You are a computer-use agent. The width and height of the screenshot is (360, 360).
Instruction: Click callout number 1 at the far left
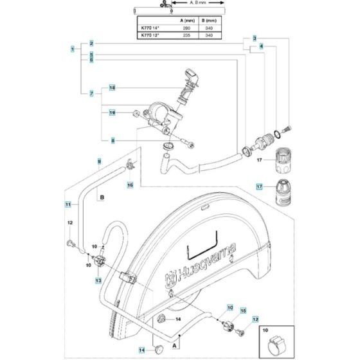pyautogui.click(x=73, y=49)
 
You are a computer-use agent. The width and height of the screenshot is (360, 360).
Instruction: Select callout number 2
pyautogui.click(x=92, y=43)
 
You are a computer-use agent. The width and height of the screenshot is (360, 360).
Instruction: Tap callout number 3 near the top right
pyautogui.click(x=255, y=39)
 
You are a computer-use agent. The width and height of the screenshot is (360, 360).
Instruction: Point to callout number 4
pyautogui.click(x=261, y=47)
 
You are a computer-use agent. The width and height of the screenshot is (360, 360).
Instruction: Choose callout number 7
pyautogui.click(x=92, y=94)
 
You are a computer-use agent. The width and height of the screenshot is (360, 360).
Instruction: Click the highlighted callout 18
pyautogui.click(x=112, y=87)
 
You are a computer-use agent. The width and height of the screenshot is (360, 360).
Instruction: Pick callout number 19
pyautogui.click(x=112, y=113)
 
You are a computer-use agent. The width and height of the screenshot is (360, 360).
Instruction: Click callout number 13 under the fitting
pyautogui.click(x=98, y=281)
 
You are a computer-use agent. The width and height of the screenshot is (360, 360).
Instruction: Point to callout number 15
pyautogui.click(x=243, y=310)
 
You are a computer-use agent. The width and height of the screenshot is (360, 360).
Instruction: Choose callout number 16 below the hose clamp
pyautogui.click(x=129, y=185)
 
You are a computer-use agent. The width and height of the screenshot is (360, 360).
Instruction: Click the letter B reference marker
pyautogui.click(x=102, y=199)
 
